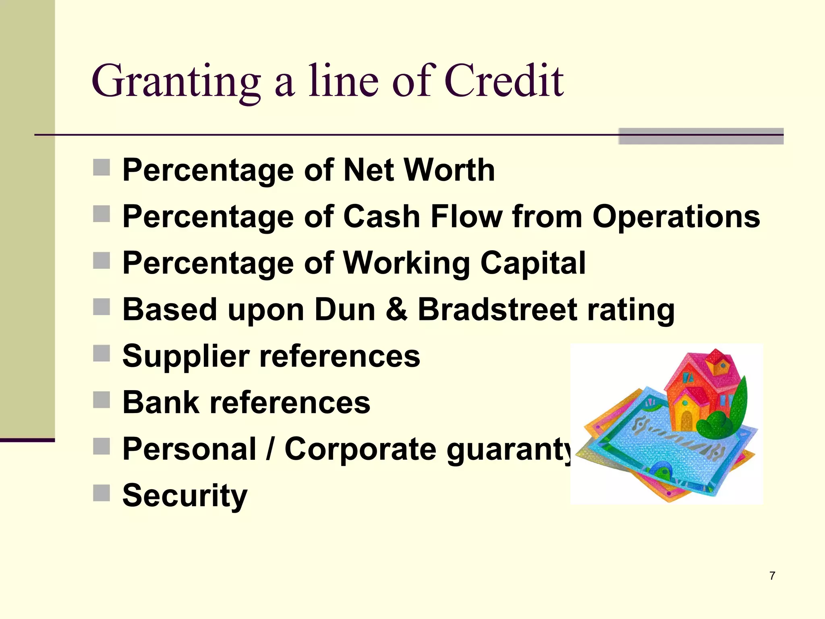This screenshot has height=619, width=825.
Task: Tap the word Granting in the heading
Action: tap(176, 83)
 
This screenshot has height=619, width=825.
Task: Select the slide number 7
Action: tap(772, 576)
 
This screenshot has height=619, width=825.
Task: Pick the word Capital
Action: tap(533, 263)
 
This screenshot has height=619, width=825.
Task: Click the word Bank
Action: tap(161, 402)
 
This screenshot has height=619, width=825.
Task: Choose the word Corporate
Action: tap(361, 449)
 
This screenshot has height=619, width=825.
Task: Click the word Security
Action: tap(185, 496)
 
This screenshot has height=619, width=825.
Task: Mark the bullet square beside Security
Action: tap(102, 492)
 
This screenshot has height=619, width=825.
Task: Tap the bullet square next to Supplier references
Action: tap(102, 353)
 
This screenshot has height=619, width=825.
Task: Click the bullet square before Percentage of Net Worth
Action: tap(102, 167)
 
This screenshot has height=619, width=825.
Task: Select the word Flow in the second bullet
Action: tap(466, 217)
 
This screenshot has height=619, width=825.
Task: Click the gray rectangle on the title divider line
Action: tap(701, 136)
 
